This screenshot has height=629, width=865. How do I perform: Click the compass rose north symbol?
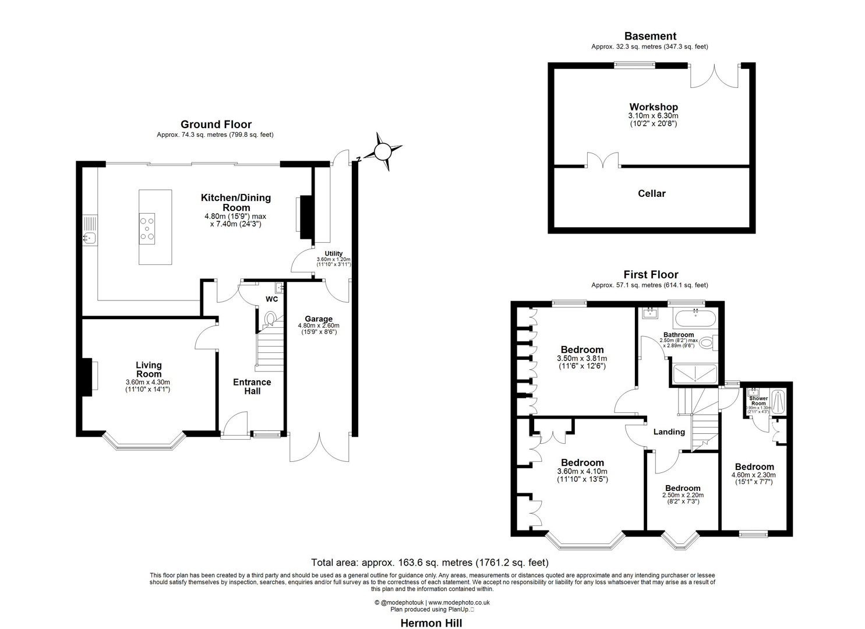[382, 151]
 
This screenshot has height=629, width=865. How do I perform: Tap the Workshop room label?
[653, 107]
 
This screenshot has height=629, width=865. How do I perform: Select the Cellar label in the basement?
[651, 193]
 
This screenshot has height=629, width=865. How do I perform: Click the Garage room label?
[319, 319]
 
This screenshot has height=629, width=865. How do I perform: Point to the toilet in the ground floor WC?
[270, 319]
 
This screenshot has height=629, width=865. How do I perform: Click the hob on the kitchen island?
[147, 228]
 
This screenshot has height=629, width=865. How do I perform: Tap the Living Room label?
[149, 369]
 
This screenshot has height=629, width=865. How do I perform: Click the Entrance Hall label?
[252, 387]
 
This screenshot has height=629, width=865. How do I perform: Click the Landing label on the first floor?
[669, 432]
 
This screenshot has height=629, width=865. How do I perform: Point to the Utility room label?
[334, 253]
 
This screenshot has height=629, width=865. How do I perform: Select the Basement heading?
[650, 36]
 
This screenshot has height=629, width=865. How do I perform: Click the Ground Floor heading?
[216, 124]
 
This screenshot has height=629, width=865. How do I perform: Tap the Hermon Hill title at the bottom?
[431, 623]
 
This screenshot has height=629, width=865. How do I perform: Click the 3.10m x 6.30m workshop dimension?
[653, 116]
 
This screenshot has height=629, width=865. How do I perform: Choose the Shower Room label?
[758, 401]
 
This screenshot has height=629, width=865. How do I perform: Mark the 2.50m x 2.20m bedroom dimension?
[683, 495]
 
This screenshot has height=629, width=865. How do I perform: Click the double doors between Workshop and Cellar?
[602, 161]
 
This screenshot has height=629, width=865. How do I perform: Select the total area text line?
[429, 563]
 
